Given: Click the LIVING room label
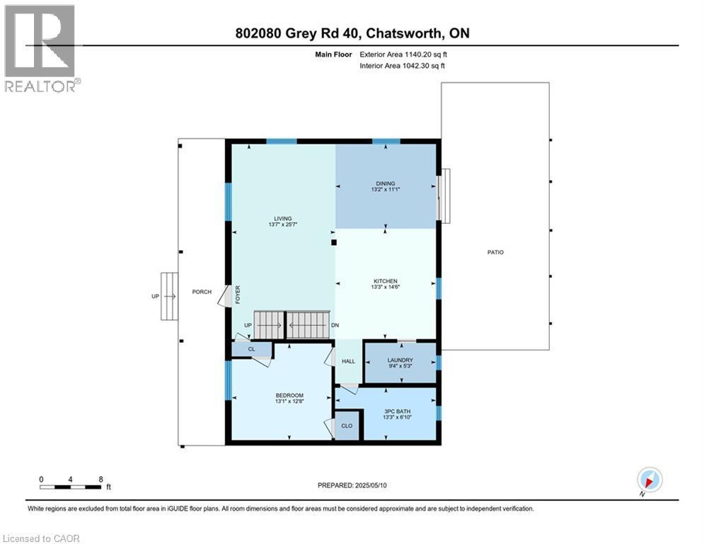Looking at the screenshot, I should coord(283,218).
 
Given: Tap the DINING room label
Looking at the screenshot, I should coord(386,183).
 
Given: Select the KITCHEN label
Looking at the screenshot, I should coord(386,281).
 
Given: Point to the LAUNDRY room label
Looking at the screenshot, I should coord(400,360).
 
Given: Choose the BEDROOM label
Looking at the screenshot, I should coord(289,395).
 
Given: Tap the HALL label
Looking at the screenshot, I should coord(348,361).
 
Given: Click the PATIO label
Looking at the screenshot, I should coord(495,252).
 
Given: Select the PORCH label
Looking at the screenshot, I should coord(202,292).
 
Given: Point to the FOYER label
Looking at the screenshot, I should coord(238,293).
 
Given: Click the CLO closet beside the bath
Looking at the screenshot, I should coord(347,426).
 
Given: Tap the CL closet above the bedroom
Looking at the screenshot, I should coord(251,349).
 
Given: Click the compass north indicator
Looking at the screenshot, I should coord(649,480).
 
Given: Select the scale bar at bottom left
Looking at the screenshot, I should coord(71,486).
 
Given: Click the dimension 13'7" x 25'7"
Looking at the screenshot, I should coord(283,225).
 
